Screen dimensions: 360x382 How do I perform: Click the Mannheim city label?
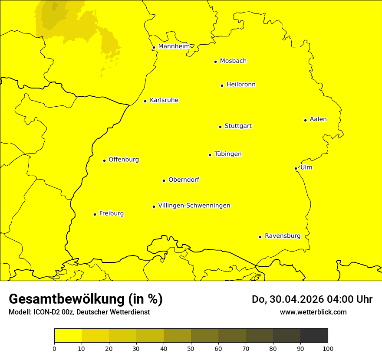click(174, 46)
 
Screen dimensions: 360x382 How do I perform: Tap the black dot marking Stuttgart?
click(220, 127)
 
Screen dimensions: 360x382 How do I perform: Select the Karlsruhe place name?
click(164, 100)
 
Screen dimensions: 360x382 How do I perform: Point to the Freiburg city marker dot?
click(95, 214)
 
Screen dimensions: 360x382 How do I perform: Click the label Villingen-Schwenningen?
click(194, 206)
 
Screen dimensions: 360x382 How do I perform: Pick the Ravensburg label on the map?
click(283, 236)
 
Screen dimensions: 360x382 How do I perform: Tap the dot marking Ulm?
click(296, 168)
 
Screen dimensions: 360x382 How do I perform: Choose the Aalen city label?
click(318, 119)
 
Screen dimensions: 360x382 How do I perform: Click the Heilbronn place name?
click(241, 85)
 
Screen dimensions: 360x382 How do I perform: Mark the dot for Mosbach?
click(215, 62)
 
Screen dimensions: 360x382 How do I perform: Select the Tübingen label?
click(228, 154)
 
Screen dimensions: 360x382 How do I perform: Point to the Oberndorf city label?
click(184, 180)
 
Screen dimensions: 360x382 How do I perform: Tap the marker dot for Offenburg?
click(104, 160)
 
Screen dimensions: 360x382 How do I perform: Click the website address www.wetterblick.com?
click(313, 312)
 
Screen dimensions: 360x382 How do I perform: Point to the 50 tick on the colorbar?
click(191, 348)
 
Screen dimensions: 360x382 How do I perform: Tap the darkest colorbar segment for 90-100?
click(314, 335)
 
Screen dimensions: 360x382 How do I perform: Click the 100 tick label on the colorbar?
click(328, 348)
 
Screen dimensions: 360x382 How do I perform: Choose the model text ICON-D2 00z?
click(53, 312)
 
